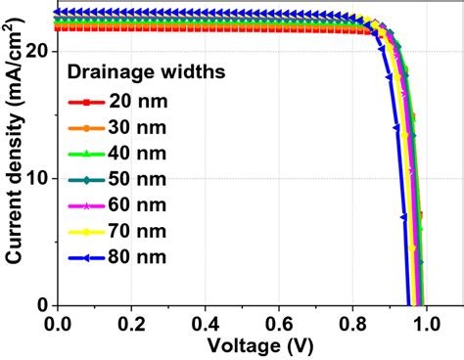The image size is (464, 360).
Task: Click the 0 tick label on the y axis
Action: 43,305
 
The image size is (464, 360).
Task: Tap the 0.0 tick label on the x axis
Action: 59,322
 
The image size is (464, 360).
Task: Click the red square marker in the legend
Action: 86,102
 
